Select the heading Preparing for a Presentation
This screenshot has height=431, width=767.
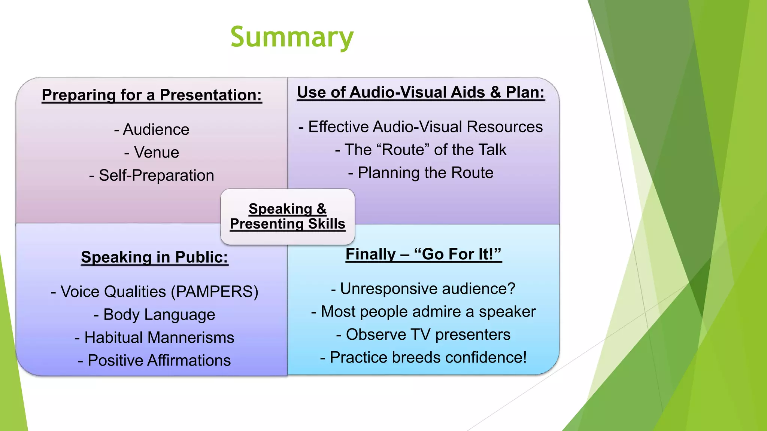click(x=152, y=95)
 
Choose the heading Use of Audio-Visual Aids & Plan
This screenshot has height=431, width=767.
click(x=421, y=92)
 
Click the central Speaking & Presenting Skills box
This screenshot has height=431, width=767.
click(x=287, y=216)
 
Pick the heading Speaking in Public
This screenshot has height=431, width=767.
click(x=154, y=257)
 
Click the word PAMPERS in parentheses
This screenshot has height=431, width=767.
click(x=215, y=291)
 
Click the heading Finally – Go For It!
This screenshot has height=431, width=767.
click(x=423, y=254)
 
